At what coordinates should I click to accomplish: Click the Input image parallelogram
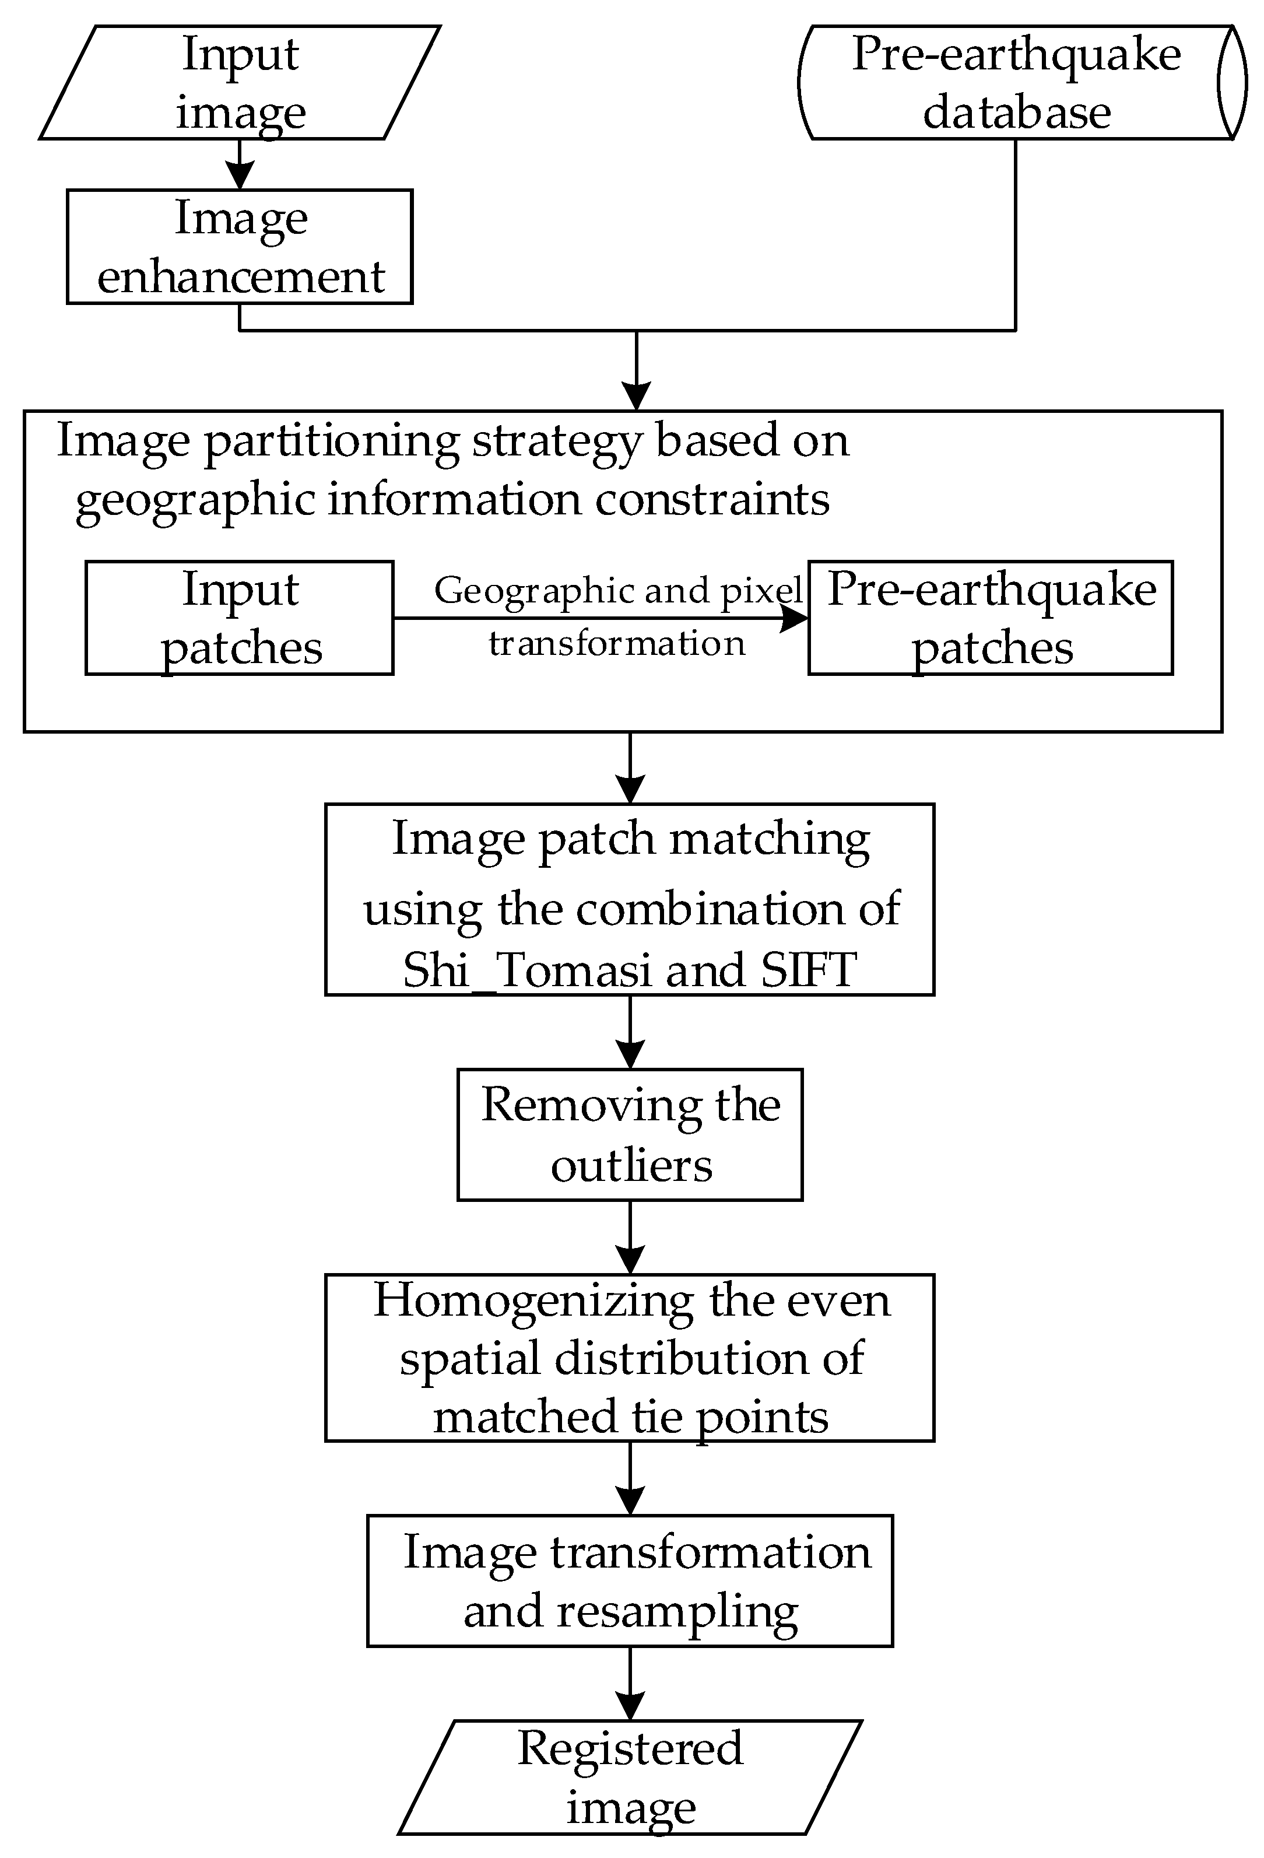pos(240,82)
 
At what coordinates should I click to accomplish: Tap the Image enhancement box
pos(240,246)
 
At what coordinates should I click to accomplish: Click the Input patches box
pos(240,618)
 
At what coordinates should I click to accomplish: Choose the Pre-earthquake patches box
pos(991,618)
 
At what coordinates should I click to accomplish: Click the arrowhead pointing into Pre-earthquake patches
pos(795,618)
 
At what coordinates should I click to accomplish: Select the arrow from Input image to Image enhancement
pos(240,166)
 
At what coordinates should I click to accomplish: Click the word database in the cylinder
pos(1016,112)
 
